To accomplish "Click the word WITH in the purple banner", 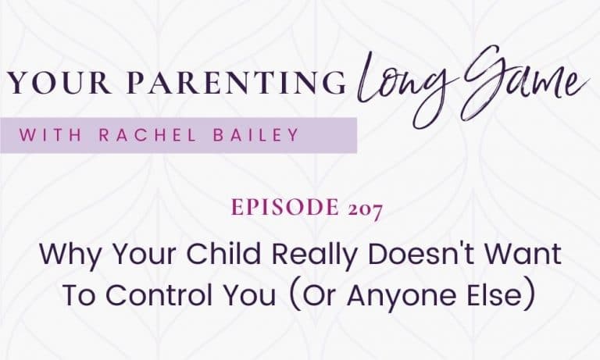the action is (51, 135).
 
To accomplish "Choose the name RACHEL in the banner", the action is (148, 135).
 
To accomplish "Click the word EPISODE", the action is (285, 208).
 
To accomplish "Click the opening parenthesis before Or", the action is (294, 296).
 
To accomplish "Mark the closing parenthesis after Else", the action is (529, 296).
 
